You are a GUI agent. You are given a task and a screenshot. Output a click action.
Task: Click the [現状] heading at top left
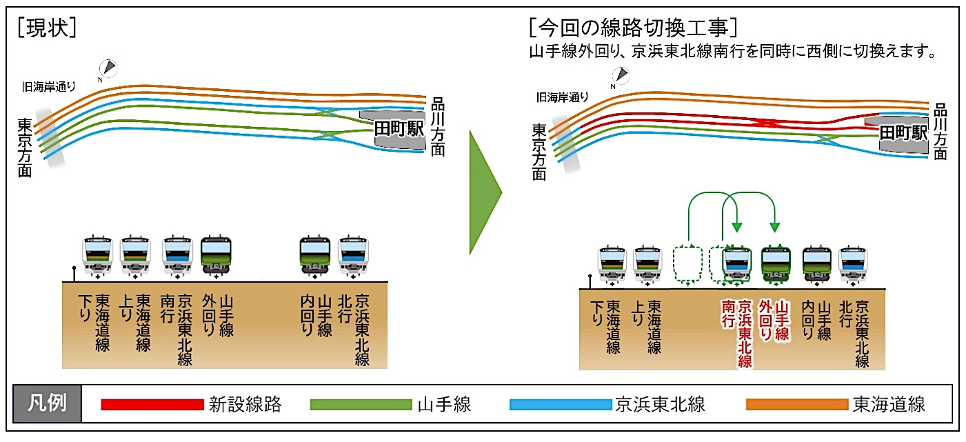47,28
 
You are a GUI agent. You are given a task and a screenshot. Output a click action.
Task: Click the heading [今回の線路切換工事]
633,28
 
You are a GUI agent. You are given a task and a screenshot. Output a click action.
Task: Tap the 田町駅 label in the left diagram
399,128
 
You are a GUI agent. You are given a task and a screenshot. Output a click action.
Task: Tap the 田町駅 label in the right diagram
903,132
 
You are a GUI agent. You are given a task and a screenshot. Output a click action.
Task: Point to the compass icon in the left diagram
108,68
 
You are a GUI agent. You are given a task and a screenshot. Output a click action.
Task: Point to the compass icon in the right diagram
621,75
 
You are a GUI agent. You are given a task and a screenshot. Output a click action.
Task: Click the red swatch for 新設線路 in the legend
152,405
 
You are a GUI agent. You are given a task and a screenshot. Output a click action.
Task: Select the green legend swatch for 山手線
361,405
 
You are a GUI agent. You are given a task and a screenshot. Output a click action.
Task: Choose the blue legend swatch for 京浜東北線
561,405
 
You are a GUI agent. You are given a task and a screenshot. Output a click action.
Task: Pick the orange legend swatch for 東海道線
797,405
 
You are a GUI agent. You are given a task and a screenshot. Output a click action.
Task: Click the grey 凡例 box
47,403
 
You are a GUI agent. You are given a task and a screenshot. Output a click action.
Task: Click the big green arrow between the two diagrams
485,192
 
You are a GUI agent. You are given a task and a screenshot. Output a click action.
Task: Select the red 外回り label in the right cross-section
765,321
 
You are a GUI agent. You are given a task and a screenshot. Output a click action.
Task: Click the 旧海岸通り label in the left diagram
49,87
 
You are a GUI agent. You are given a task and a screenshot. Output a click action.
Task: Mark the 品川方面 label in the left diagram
438,126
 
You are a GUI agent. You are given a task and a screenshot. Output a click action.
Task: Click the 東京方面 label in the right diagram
539,152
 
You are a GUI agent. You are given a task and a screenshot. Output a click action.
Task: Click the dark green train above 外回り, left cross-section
216,256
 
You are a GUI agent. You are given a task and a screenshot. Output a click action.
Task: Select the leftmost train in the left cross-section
97,256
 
